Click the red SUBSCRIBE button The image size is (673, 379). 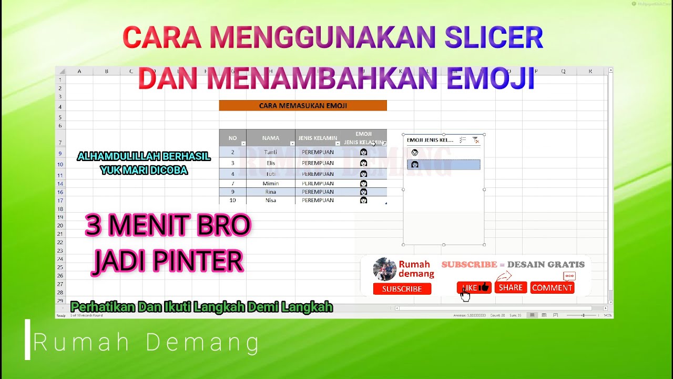click(402, 288)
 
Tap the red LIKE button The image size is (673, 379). click(474, 287)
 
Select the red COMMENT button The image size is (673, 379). click(552, 287)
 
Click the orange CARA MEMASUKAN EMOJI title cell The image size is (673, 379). click(303, 106)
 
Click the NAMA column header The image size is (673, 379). click(270, 138)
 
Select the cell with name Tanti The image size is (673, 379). click(270, 152)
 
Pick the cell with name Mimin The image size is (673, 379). click(270, 184)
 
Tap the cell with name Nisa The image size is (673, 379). click(270, 200)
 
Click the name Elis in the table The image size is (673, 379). click(270, 163)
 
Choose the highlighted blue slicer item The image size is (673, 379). click(443, 165)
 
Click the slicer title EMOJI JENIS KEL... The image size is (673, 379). click(430, 140)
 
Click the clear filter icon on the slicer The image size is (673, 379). click(476, 140)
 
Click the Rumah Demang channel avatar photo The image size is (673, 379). click(384, 269)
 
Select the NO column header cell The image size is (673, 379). click(232, 138)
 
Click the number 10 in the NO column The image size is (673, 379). click(232, 200)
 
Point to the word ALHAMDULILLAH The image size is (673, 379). click(114, 156)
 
